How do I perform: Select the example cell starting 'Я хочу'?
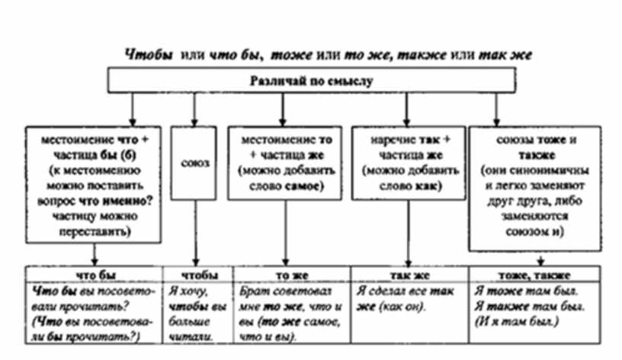(194, 311)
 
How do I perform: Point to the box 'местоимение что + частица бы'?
(93, 184)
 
